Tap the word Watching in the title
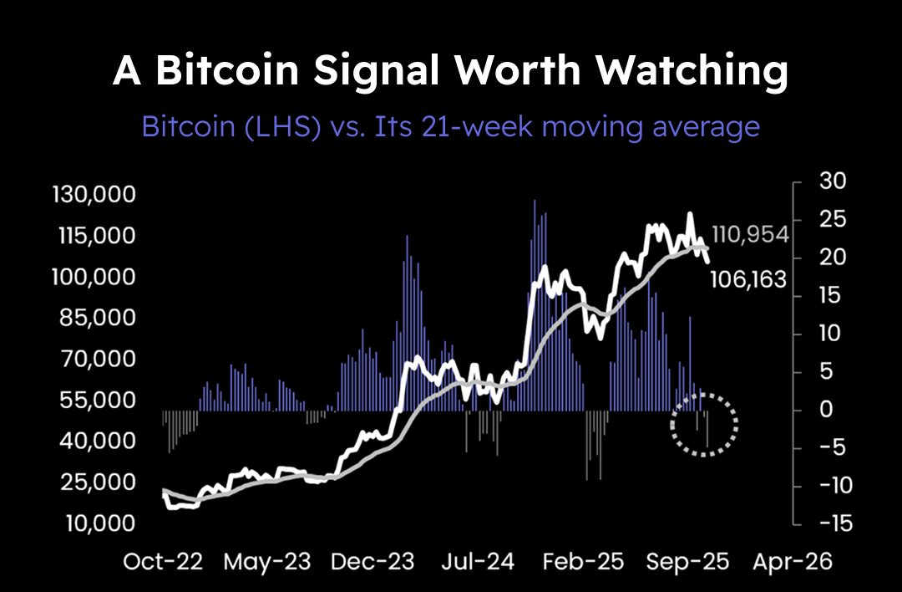click(x=692, y=72)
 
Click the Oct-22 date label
click(x=163, y=561)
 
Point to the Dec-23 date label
click(x=372, y=561)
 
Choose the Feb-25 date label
click(x=582, y=561)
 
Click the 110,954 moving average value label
click(x=750, y=235)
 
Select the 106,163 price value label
click(x=748, y=279)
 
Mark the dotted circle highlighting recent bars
click(x=704, y=424)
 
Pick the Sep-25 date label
click(x=687, y=561)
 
